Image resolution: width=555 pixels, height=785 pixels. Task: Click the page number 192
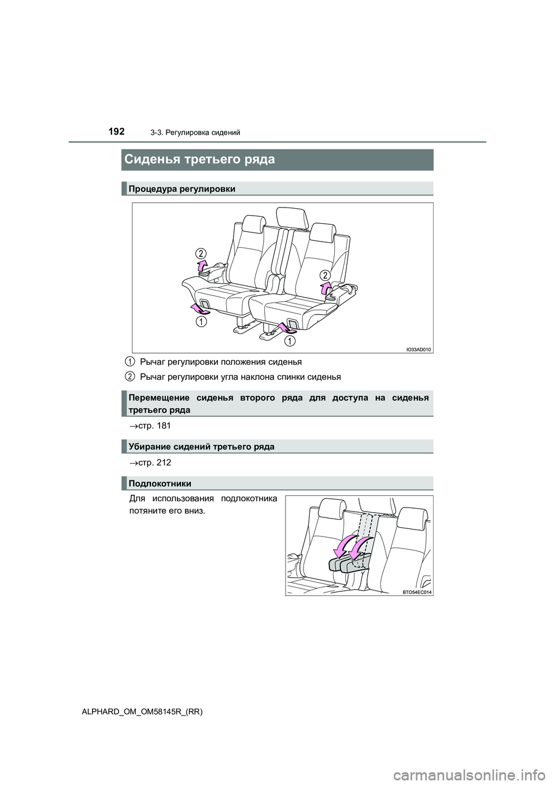click(116, 132)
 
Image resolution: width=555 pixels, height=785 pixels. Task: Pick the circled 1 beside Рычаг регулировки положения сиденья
click(131, 362)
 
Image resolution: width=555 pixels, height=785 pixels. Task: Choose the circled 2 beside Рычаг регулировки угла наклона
click(131, 377)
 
